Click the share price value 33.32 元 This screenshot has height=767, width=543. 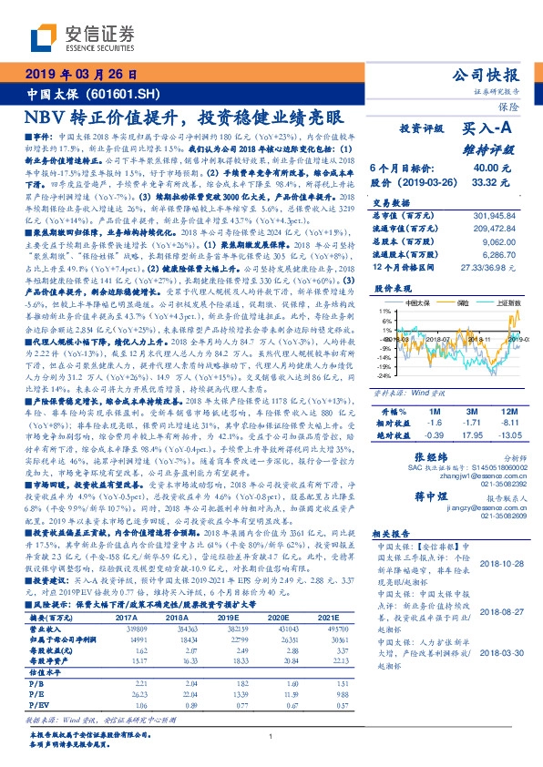coord(486,182)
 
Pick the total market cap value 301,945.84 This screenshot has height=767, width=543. coord(495,215)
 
